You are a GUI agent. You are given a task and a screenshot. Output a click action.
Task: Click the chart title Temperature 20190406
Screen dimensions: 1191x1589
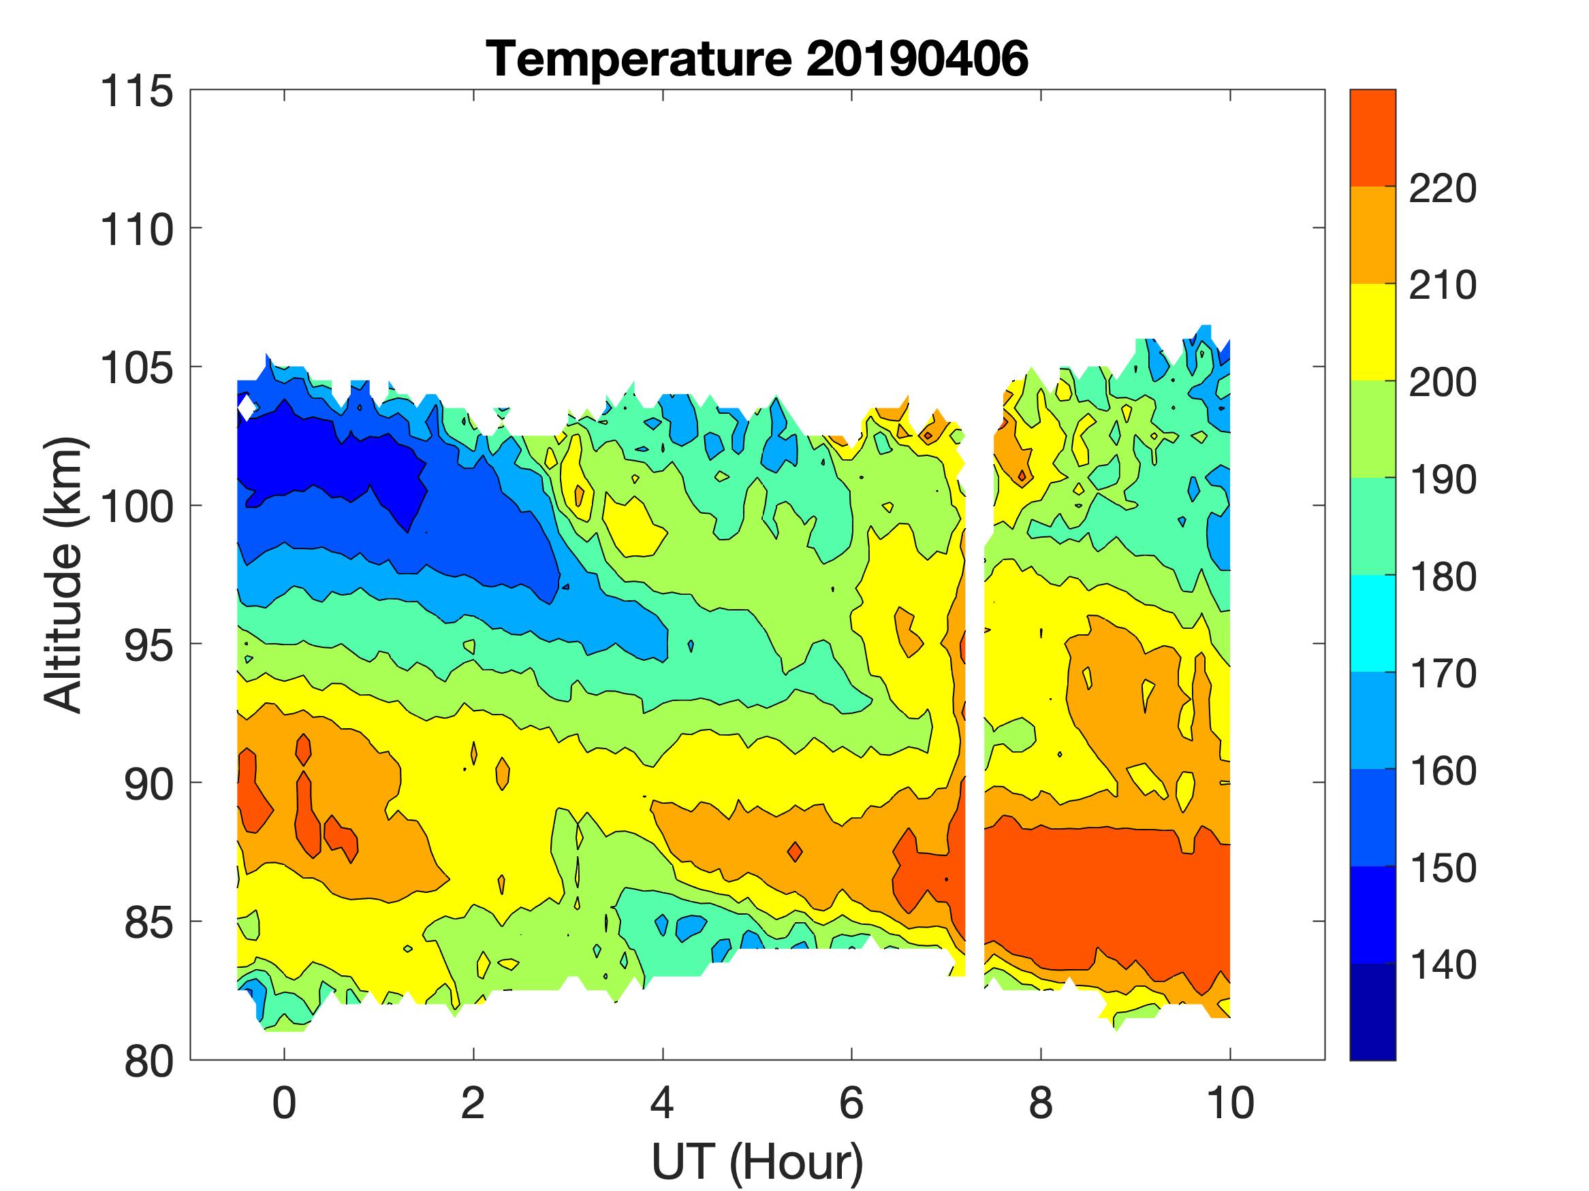(x=757, y=59)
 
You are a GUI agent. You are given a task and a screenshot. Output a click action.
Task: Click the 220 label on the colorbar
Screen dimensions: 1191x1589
(x=1443, y=189)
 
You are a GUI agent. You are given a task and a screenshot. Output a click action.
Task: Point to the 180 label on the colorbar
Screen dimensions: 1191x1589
(x=1443, y=577)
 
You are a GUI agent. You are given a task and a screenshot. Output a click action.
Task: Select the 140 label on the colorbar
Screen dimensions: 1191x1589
(x=1443, y=966)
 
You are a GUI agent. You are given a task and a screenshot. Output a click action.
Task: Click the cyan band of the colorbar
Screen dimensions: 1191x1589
(x=1372, y=623)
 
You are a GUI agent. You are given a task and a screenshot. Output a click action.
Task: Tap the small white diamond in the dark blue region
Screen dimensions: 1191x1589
(x=247, y=408)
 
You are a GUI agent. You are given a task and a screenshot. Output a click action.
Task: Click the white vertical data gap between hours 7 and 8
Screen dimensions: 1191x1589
(x=975, y=718)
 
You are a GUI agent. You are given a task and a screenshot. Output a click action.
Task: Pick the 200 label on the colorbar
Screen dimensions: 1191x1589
(x=1443, y=382)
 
